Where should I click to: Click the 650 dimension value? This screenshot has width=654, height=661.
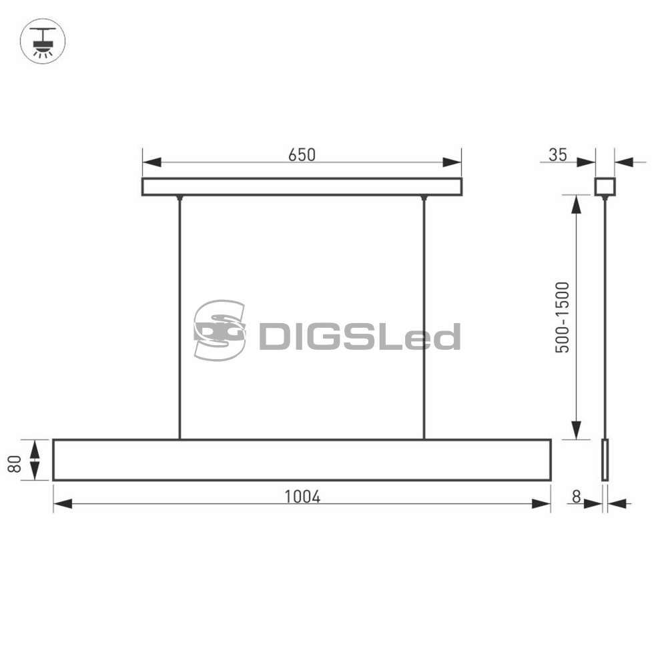point(302,155)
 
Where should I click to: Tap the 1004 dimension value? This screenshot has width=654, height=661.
point(302,497)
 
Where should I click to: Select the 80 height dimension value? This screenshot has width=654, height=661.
point(15,464)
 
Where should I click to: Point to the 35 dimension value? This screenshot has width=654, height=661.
point(558,155)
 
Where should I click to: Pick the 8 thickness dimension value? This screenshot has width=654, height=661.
point(576,497)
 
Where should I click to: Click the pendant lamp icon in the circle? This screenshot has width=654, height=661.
point(43,41)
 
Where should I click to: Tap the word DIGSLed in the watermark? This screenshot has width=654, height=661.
point(359,337)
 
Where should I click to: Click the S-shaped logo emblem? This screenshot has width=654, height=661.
point(219,330)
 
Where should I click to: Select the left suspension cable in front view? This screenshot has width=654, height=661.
point(180,317)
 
